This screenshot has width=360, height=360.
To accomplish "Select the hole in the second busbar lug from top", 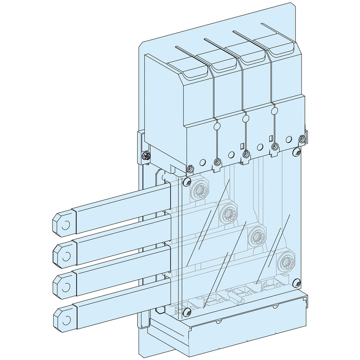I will pyautogui.click(x=66, y=256).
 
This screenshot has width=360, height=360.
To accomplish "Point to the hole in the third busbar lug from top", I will pyautogui.click(x=66, y=287).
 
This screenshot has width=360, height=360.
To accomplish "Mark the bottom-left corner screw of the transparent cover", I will pyautogui.click(x=186, y=312).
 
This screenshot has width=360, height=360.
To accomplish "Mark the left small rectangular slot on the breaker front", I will pyautogui.click(x=242, y=146).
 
